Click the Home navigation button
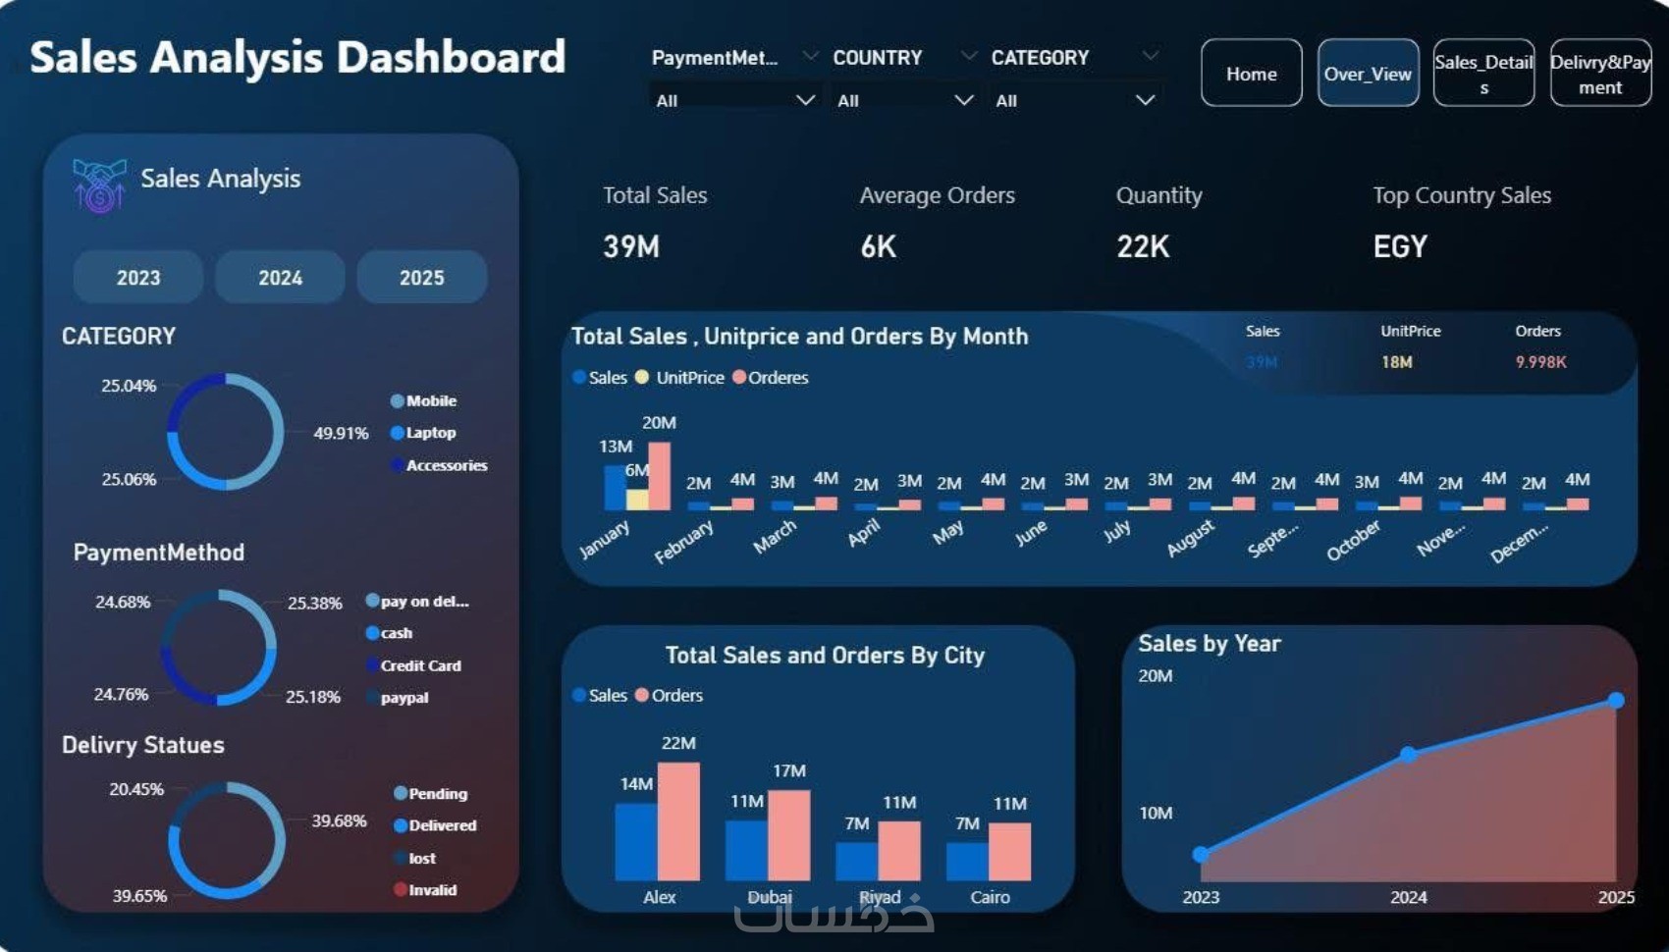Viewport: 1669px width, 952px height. [x=1251, y=74]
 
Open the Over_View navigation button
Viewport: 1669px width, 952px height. [x=1368, y=74]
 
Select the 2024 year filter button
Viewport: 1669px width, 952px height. [x=280, y=278]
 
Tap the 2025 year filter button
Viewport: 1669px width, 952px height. [x=421, y=278]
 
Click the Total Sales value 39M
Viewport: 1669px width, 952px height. [x=631, y=246]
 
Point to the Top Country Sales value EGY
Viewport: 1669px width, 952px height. [x=1400, y=246]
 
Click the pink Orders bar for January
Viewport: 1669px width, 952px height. [x=659, y=476]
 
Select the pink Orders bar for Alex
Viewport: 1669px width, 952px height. [x=678, y=820]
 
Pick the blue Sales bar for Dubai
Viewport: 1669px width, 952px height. [x=746, y=849]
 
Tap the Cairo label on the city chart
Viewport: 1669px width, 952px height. [x=990, y=897]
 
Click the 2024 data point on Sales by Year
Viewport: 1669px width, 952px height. [x=1408, y=754]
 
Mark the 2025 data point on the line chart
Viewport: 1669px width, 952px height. [x=1616, y=700]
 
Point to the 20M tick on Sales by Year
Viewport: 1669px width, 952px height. [x=1156, y=676]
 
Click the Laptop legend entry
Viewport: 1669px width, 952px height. [x=430, y=433]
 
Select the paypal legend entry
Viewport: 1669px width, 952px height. [x=404, y=698]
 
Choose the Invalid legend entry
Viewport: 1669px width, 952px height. [x=431, y=890]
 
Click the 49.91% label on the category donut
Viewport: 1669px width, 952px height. [x=341, y=433]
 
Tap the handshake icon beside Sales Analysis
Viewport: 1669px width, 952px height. [x=99, y=185]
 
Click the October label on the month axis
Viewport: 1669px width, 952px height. [x=1353, y=541]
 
